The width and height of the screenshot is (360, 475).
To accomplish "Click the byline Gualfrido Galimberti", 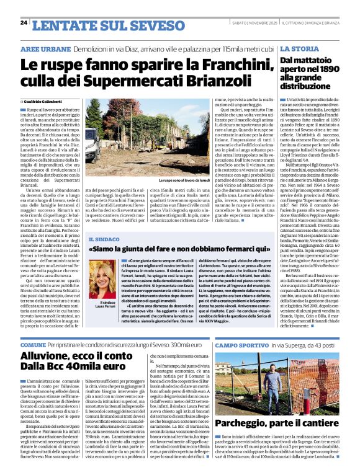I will [x=43, y=101].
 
